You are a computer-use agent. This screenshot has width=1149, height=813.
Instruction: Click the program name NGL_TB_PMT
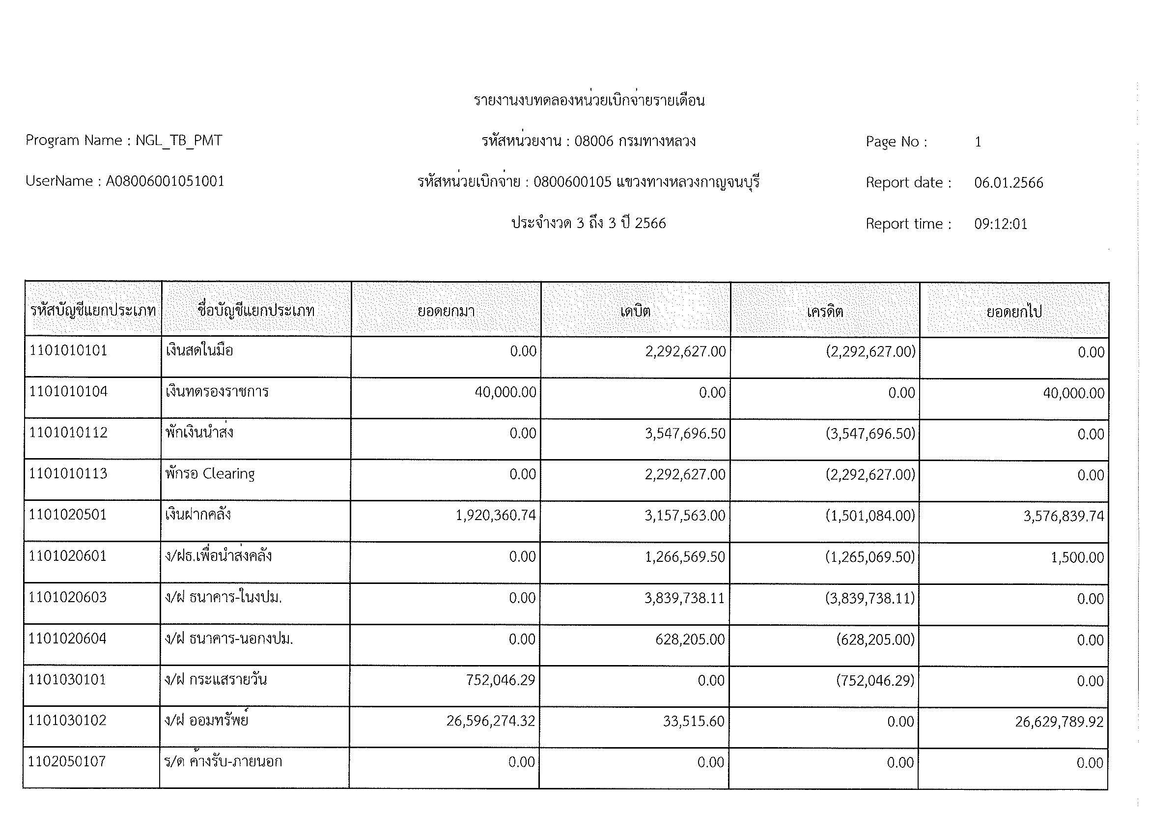click(x=179, y=141)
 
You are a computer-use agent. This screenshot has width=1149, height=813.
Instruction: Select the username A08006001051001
click(x=165, y=181)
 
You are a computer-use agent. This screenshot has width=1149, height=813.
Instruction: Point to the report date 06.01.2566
click(x=1009, y=183)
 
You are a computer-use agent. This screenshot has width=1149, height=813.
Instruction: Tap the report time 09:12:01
click(x=1000, y=224)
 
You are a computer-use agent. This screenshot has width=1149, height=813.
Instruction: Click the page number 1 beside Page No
click(x=978, y=142)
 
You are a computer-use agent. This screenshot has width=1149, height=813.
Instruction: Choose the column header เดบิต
click(x=635, y=311)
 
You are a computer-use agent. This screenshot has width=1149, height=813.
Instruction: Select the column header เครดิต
click(x=825, y=311)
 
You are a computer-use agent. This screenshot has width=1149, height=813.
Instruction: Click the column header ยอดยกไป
click(x=1014, y=311)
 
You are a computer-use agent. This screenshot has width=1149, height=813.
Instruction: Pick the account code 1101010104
click(x=68, y=391)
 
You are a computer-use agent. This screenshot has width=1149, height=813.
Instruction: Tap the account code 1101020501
click(x=68, y=515)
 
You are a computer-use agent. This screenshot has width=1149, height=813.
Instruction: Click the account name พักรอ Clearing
click(x=210, y=473)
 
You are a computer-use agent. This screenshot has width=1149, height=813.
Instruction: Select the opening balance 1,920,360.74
click(x=496, y=515)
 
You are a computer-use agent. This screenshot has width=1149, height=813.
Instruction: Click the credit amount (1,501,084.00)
click(x=870, y=516)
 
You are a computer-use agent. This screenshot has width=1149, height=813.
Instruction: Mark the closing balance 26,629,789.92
click(x=1059, y=722)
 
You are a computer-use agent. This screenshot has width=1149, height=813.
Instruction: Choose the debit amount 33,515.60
click(x=694, y=722)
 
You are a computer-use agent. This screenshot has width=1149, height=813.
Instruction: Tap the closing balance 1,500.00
click(x=1077, y=557)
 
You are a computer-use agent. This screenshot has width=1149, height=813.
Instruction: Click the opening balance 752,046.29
click(x=501, y=680)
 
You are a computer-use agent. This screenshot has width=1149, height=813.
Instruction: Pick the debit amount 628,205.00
click(x=690, y=639)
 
